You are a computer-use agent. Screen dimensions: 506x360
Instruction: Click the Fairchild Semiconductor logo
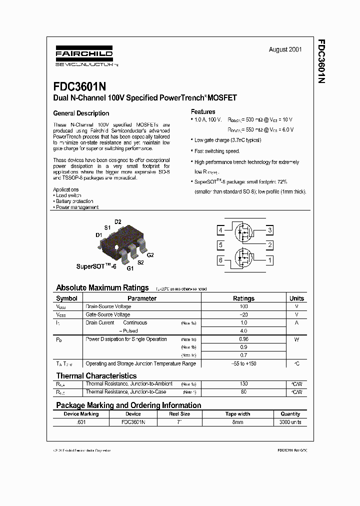click(83, 56)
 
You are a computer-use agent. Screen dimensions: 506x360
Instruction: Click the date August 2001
click(285, 49)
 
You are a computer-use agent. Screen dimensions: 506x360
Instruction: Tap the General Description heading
click(81, 113)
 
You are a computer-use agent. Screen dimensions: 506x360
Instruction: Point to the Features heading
click(203, 111)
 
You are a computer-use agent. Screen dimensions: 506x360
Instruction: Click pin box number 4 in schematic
click(220, 230)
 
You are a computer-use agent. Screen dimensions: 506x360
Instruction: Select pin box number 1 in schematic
click(270, 260)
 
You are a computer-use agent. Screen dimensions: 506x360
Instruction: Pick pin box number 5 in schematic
click(220, 245)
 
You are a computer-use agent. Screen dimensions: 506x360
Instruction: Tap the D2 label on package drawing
click(118, 221)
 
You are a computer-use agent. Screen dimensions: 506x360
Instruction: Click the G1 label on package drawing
click(130, 268)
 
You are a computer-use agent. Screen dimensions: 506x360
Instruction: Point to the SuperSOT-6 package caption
click(96, 266)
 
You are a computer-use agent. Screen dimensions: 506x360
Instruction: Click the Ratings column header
click(243, 298)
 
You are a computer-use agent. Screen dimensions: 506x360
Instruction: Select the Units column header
click(296, 298)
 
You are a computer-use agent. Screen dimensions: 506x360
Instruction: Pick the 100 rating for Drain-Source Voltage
click(243, 306)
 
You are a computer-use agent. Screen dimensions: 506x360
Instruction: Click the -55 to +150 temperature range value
click(243, 363)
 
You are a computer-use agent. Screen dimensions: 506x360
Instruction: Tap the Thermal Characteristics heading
click(96, 375)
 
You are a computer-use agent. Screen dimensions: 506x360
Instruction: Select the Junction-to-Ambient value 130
click(243, 383)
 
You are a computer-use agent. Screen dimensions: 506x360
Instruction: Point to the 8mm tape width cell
click(237, 422)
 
